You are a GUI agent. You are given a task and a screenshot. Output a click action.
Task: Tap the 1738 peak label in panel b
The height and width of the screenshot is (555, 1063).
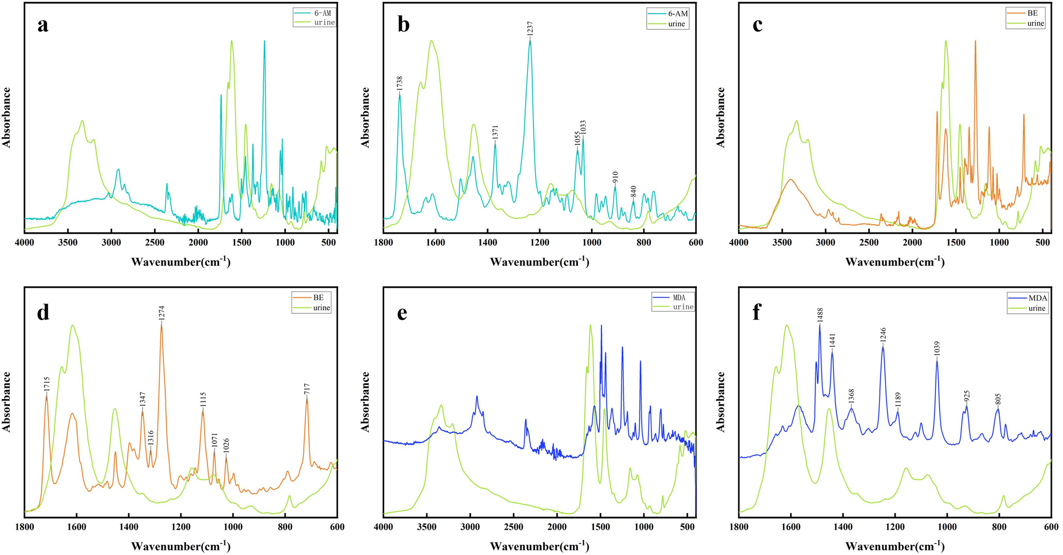pos(400,84)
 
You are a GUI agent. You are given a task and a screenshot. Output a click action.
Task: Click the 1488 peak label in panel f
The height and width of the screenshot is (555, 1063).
pos(820,315)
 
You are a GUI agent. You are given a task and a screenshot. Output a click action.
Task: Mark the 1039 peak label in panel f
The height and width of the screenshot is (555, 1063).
pos(937,348)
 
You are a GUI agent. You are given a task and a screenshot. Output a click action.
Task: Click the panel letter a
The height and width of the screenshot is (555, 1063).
pos(43,25)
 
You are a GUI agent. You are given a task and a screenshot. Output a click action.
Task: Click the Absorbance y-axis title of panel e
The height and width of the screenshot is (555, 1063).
pos(366,401)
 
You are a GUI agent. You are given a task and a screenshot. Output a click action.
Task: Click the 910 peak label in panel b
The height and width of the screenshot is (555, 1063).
pos(616,177)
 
